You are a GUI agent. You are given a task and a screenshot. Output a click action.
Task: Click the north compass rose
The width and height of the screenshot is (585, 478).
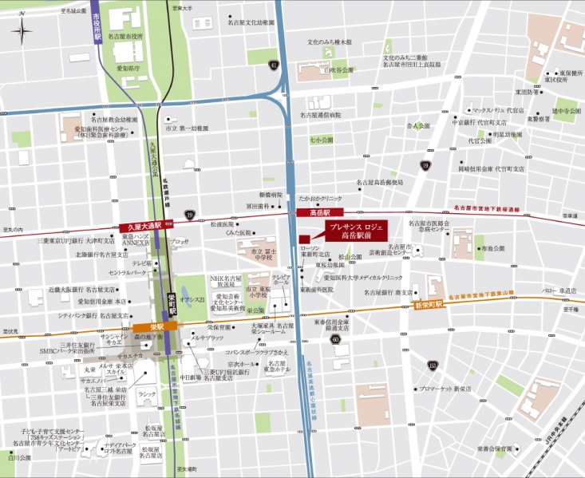point(22,33)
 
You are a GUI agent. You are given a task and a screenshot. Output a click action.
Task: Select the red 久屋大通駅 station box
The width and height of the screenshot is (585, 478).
point(141,227)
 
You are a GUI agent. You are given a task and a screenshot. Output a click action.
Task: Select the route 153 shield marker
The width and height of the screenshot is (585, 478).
point(433,365)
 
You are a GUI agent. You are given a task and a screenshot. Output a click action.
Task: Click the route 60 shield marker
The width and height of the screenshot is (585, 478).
point(335,340)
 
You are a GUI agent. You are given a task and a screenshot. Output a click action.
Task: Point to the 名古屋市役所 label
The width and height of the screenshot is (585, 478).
point(126,36)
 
